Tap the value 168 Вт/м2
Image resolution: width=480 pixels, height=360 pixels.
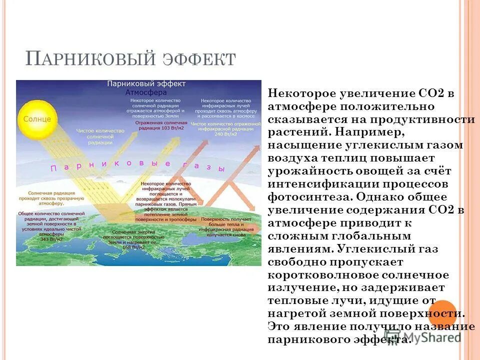[x=135, y=246]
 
